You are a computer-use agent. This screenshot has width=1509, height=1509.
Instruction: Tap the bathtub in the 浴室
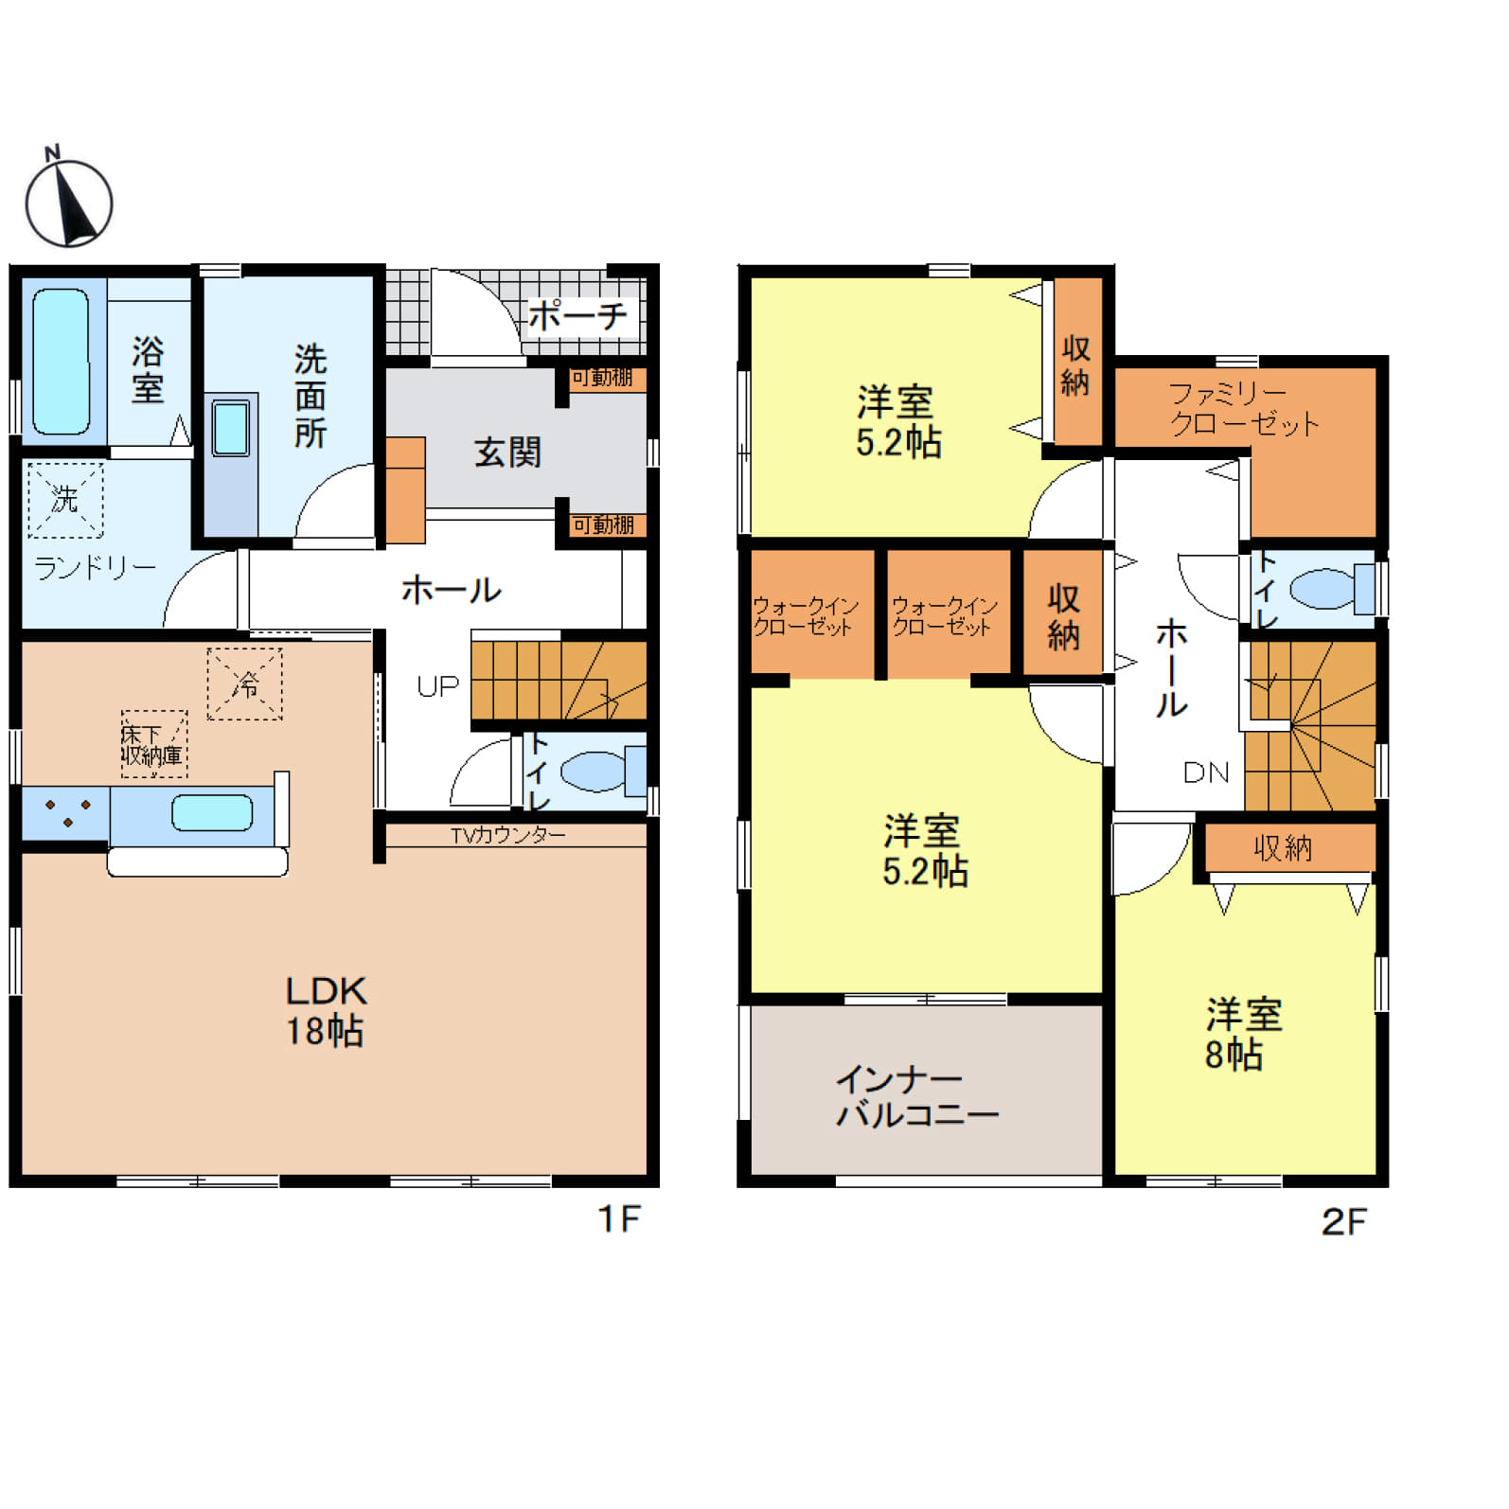click(61, 362)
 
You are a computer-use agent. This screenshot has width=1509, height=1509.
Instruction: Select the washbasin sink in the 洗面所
click(231, 428)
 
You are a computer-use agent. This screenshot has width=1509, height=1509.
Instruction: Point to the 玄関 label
click(507, 453)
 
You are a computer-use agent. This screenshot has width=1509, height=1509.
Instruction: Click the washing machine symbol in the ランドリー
click(65, 499)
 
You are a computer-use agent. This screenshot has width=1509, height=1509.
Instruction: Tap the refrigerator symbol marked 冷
click(245, 683)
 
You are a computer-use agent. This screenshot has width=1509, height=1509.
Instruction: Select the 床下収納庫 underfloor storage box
click(153, 744)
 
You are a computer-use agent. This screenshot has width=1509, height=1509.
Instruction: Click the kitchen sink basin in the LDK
click(212, 813)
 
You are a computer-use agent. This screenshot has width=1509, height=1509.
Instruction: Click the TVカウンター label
click(507, 835)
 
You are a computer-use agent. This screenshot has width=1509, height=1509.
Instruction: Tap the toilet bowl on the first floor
click(594, 772)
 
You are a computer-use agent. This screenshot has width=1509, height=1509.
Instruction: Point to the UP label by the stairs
click(437, 686)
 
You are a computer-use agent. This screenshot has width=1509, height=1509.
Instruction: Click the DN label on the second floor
click(1206, 772)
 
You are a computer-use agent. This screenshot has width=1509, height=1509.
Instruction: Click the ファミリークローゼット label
click(1243, 408)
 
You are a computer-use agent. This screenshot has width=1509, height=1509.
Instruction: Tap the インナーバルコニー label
click(916, 1097)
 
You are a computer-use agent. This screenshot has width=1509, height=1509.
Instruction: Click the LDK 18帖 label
click(326, 1011)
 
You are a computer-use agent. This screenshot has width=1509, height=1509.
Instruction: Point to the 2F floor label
click(1344, 1222)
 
